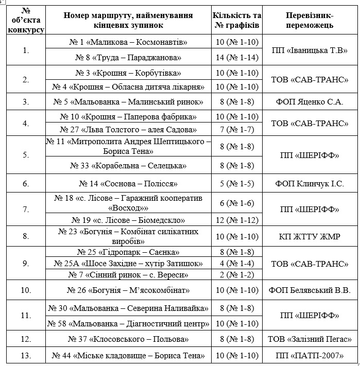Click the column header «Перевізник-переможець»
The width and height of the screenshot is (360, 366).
pyautogui.click(x=309, y=20)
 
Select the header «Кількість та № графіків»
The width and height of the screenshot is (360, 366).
pyautogui.click(x=236, y=20)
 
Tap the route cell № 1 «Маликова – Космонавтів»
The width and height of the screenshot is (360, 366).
pyautogui.click(x=128, y=42)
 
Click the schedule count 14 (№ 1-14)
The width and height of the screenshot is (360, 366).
pyautogui.click(x=236, y=57)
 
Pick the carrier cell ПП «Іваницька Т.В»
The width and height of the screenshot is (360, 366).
pyautogui.click(x=309, y=49)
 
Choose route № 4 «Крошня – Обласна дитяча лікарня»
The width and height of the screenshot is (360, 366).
pyautogui.click(x=128, y=86)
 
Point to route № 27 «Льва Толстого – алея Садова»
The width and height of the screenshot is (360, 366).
pyautogui.click(x=128, y=129)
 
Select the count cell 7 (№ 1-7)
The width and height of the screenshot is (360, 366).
pyautogui.click(x=236, y=129)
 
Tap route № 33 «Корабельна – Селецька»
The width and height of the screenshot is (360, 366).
pyautogui.click(x=128, y=166)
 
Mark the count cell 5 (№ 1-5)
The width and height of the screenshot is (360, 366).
pyautogui.click(x=236, y=183)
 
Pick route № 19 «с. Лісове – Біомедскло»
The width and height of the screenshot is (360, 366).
pyautogui.click(x=128, y=220)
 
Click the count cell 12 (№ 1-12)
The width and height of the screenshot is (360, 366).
pyautogui.click(x=236, y=220)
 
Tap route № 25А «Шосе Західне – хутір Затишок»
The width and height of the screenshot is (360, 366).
pyautogui.click(x=128, y=263)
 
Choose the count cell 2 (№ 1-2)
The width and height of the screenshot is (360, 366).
pyautogui.click(x=236, y=274)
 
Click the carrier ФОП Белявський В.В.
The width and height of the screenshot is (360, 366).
pyautogui.click(x=309, y=290)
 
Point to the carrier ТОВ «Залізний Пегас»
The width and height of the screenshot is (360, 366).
pyautogui.click(x=309, y=339)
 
